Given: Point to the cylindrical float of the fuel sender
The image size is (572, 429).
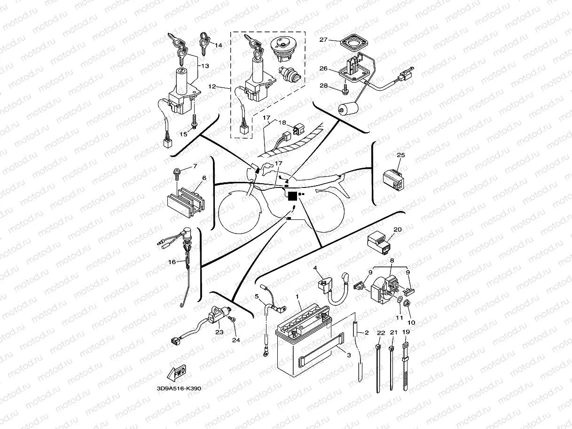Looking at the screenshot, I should (x=347, y=109).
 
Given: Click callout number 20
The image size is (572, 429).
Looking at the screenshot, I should (x=397, y=230).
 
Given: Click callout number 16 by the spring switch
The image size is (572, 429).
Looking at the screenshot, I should (x=172, y=262).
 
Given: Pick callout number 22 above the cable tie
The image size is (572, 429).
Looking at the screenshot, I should (x=380, y=333).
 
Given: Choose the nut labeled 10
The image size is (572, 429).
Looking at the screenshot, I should (x=407, y=304).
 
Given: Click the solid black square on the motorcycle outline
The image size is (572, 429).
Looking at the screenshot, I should (x=292, y=196).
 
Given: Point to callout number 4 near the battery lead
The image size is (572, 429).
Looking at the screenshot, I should (x=315, y=267).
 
